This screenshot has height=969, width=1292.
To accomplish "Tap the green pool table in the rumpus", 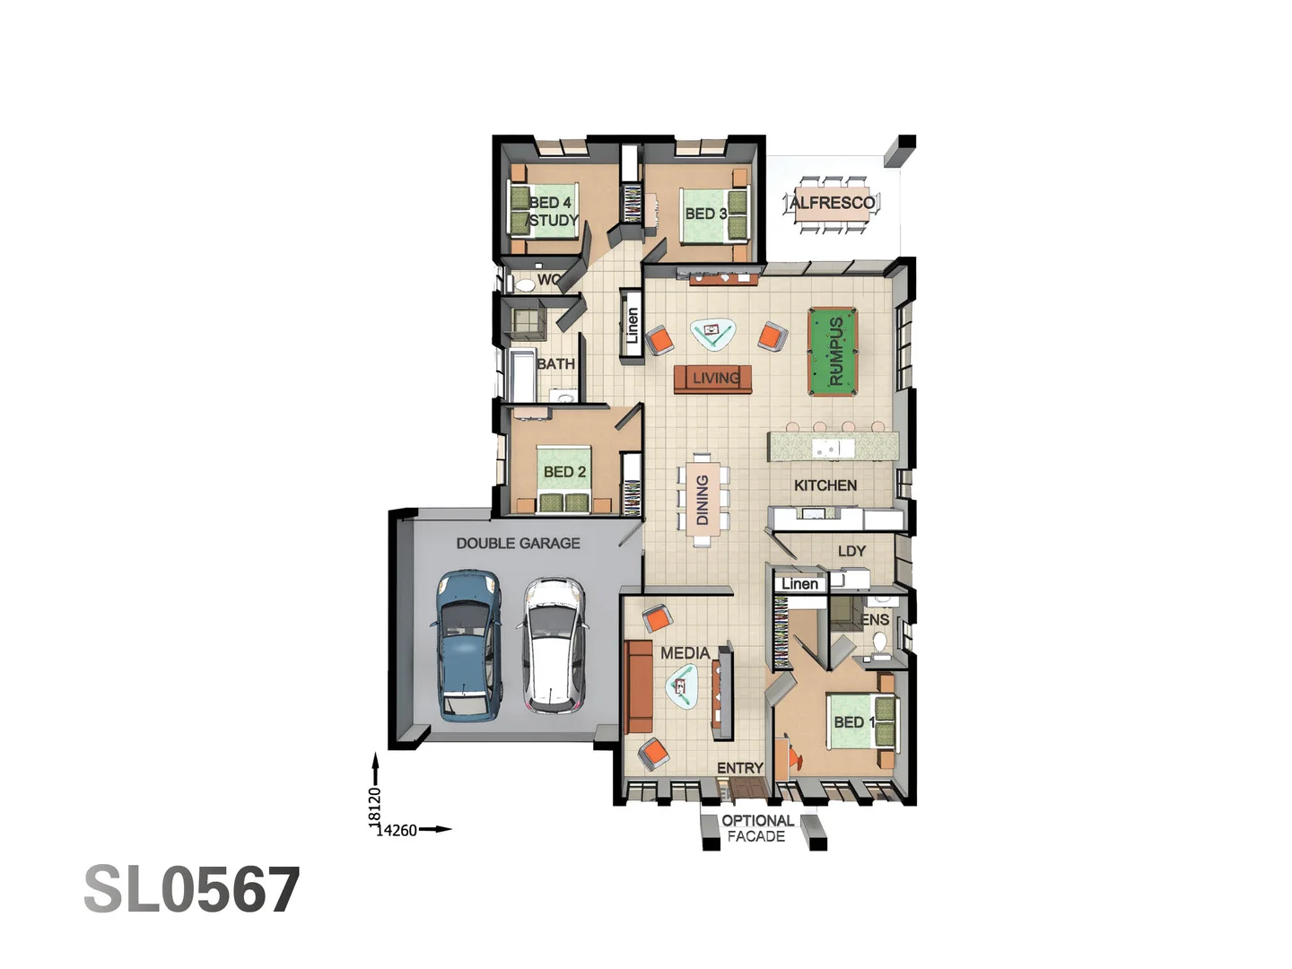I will (x=833, y=351).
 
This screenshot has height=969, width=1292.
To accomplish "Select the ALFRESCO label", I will (x=832, y=203).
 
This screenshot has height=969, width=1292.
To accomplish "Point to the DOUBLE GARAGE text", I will (x=518, y=543).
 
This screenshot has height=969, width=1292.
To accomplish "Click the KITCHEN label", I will (x=825, y=485).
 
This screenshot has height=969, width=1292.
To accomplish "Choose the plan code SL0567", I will (x=192, y=890).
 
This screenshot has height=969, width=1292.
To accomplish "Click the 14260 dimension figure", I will (x=397, y=830).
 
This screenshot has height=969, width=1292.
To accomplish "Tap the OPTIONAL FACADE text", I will (x=756, y=828).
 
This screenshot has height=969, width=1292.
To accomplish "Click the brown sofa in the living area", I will (x=712, y=379).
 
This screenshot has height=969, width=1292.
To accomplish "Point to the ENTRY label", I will (x=739, y=768).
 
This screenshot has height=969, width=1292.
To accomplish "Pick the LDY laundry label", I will (x=851, y=551).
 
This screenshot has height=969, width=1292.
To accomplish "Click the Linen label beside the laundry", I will (x=799, y=584).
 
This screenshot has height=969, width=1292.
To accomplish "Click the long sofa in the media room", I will (x=638, y=686).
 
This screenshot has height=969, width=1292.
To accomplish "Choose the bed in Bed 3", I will (x=713, y=215).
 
